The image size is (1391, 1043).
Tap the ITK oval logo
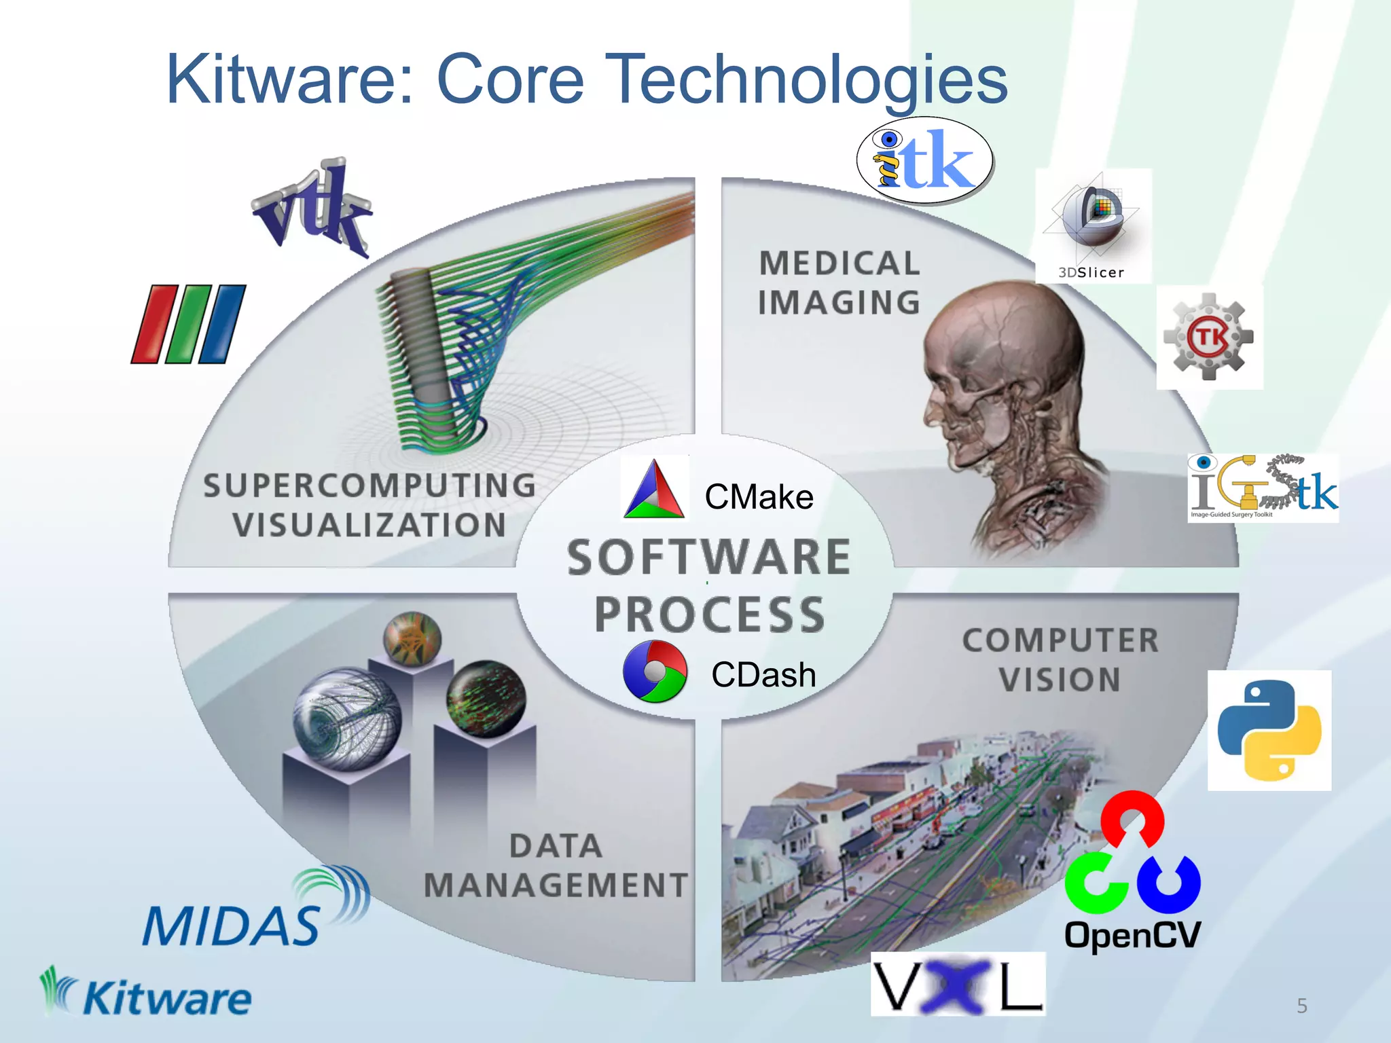click(x=925, y=160)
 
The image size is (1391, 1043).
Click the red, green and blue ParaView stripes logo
click(x=189, y=324)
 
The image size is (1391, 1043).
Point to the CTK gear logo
click(x=1209, y=337)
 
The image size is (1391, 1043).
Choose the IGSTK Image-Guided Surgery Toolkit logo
click(x=1263, y=488)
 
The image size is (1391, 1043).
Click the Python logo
click(x=1269, y=730)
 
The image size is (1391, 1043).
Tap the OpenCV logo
click(x=1132, y=873)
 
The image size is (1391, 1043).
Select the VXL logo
click(x=958, y=984)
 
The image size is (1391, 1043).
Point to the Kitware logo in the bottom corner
click(x=146, y=994)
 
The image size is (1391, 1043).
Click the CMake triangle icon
click(x=654, y=490)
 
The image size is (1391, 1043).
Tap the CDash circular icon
click(x=655, y=671)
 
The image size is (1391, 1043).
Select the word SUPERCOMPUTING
click(x=369, y=486)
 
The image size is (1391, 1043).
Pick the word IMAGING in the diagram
click(x=839, y=303)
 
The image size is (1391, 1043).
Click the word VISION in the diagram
click(x=1060, y=680)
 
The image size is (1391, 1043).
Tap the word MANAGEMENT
click(x=556, y=885)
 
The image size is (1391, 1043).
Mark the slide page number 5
click(x=1301, y=1006)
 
